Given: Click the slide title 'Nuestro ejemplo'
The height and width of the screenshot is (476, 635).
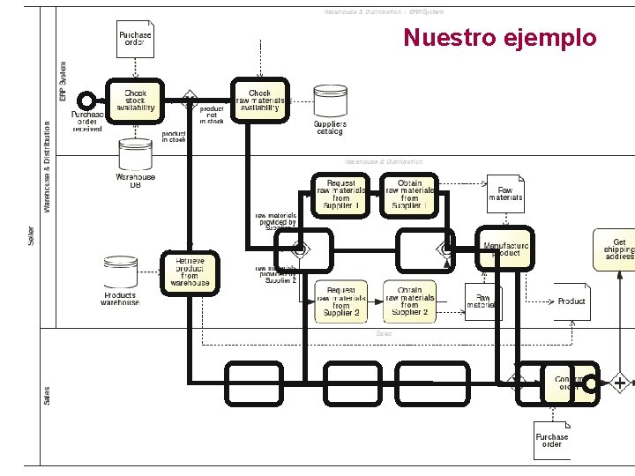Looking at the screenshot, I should pos(500,39).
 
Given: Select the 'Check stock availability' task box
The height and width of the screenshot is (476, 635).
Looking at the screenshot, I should pos(135,100).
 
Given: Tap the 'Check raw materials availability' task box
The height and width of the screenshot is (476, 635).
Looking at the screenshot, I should pos(259,100).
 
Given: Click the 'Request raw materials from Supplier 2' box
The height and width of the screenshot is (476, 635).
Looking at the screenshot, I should pos(341,301).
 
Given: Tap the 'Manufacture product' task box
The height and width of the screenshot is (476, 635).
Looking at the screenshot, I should pos(505,249).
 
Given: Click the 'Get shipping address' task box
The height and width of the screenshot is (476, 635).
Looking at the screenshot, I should pos(619,249).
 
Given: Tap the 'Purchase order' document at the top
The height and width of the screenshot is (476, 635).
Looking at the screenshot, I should pos(135,38).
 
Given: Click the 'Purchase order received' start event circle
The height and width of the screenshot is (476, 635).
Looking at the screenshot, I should pos(86,100).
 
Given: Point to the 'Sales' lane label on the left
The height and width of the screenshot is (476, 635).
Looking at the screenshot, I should pos(47,396).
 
